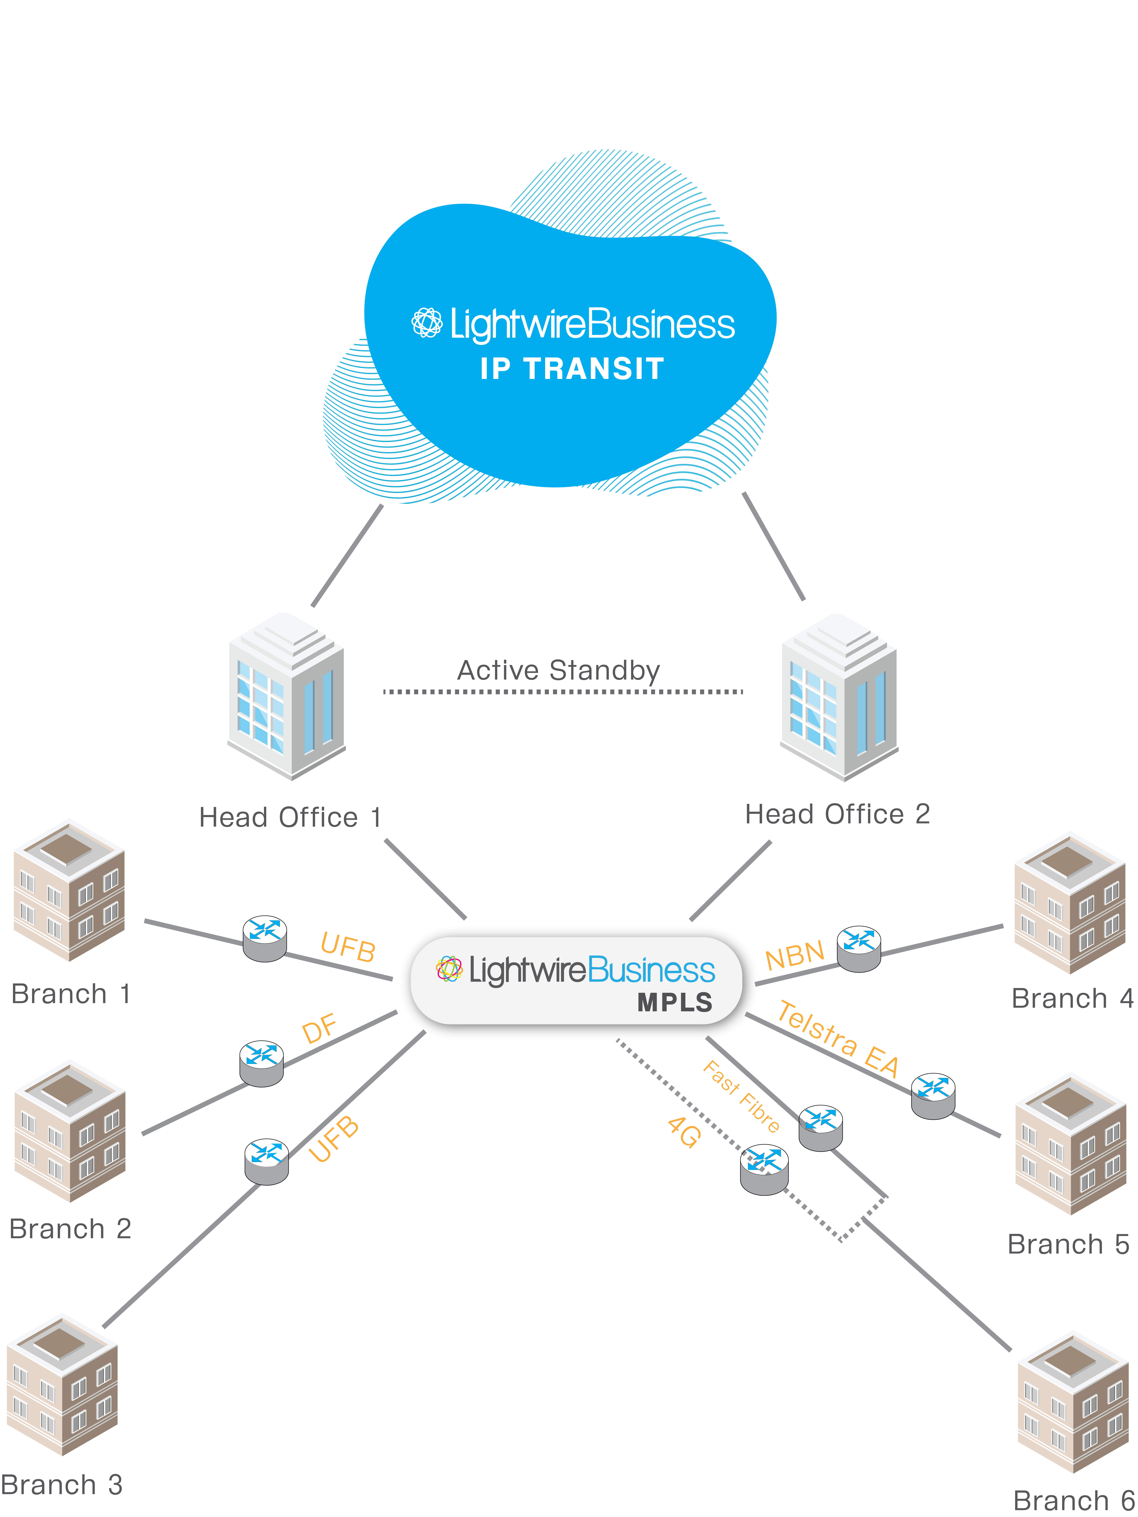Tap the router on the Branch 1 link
click(x=265, y=938)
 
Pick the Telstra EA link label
click(x=838, y=1038)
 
